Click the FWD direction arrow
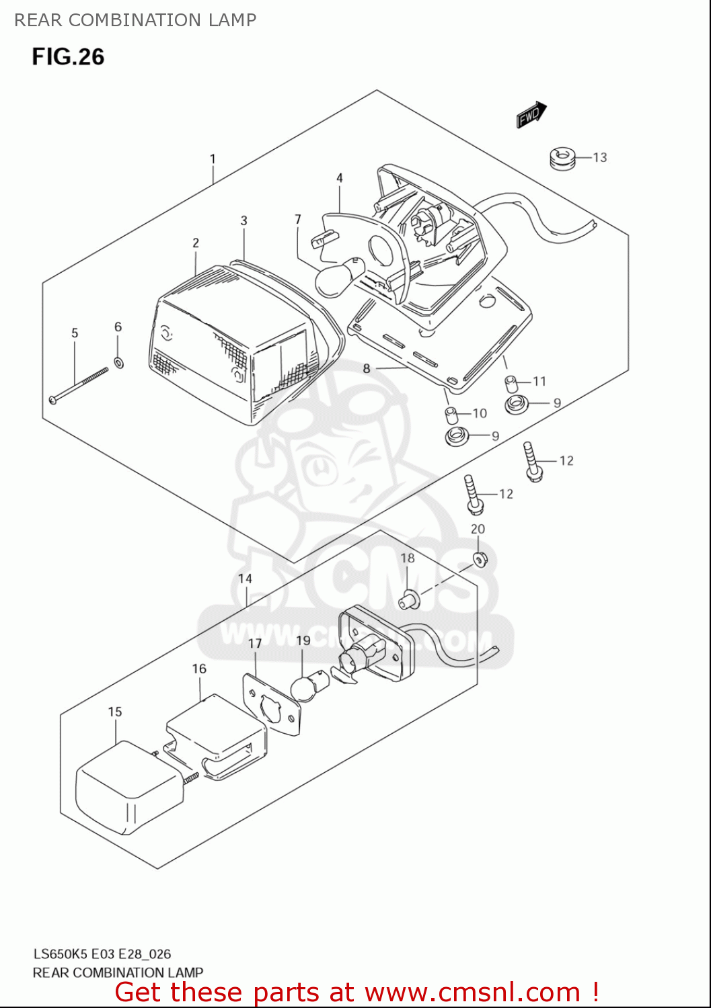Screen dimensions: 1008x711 pyautogui.click(x=531, y=115)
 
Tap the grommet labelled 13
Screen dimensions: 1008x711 pyautogui.click(x=562, y=159)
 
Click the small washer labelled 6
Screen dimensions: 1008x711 pyautogui.click(x=119, y=363)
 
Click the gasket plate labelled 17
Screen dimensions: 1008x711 pyautogui.click(x=272, y=706)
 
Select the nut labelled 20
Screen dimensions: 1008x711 pyautogui.click(x=480, y=558)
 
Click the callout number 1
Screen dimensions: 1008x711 pyautogui.click(x=213, y=159)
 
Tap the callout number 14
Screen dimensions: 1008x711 pyautogui.click(x=245, y=579)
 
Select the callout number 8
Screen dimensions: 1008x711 pyautogui.click(x=367, y=368)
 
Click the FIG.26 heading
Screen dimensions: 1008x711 pyautogui.click(x=68, y=57)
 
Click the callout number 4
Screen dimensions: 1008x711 pyautogui.click(x=340, y=178)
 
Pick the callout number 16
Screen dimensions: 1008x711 pyautogui.click(x=199, y=669)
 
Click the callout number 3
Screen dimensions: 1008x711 pyautogui.click(x=244, y=220)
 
